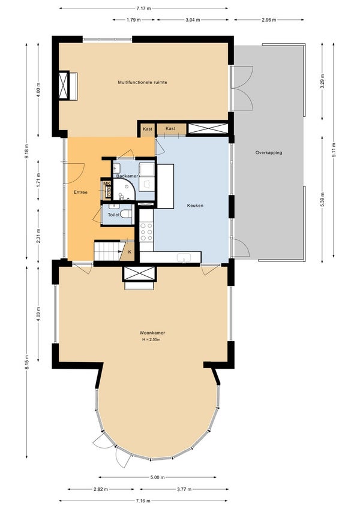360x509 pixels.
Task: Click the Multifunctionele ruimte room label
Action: [142, 83]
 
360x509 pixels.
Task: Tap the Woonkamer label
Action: [152, 333]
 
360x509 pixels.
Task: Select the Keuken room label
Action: [195, 206]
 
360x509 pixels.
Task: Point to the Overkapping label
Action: [269, 152]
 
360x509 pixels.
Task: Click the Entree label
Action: [80, 192]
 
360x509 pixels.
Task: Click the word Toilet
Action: [114, 215]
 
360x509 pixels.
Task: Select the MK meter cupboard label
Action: [107, 183]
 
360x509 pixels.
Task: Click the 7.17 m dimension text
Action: [143, 8]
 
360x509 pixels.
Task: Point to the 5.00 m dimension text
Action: [158, 477]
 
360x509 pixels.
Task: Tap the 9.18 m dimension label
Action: [26, 151]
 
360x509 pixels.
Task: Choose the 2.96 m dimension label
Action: [269, 20]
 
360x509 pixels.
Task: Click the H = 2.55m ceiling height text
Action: [151, 340]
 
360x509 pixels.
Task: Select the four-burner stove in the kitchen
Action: [146, 232]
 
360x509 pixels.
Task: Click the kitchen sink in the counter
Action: [184, 258]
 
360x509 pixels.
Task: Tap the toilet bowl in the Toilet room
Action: [126, 214]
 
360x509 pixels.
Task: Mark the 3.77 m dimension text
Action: [184, 489]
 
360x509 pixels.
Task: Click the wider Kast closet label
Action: [170, 128]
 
